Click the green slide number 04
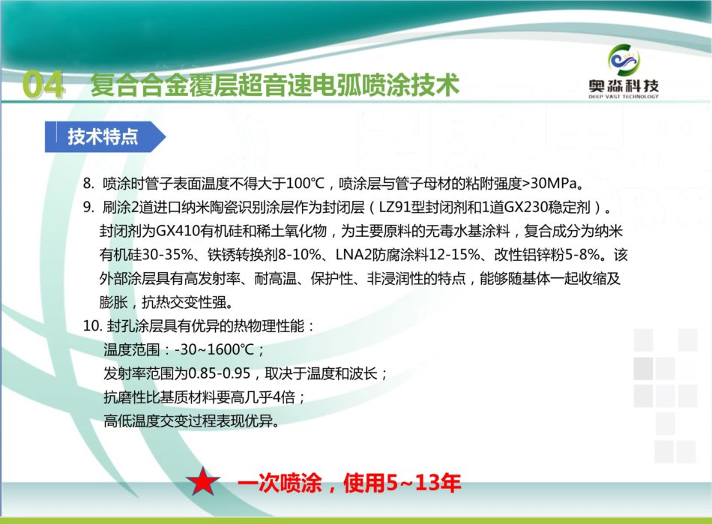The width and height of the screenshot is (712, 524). coord(43,85)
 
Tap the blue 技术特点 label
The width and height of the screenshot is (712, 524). coord(103,136)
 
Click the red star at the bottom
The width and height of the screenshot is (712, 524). coord(203,481)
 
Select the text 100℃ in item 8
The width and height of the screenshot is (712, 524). coord(306,183)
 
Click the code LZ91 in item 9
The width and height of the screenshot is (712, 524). coord(394,207)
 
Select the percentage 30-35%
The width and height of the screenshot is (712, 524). coord(168,254)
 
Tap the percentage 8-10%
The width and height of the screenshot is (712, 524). coord(300,254)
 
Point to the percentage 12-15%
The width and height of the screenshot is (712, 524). coord(454,254)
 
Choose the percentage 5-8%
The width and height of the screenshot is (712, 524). coord(582,254)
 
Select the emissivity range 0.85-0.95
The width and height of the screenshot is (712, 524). coord(219,373)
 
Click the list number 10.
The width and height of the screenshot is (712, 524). coord(91,325)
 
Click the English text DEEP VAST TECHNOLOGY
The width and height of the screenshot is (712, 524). coord(624,96)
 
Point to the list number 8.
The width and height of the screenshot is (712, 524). coord(88,184)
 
